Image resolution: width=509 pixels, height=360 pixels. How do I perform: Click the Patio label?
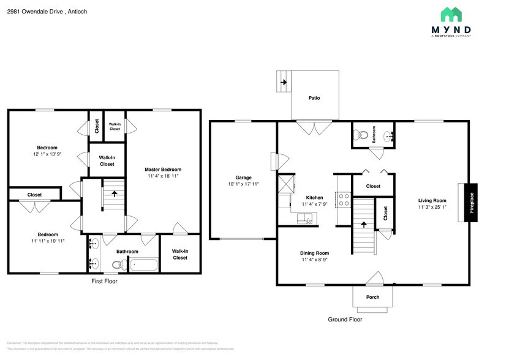(314, 98)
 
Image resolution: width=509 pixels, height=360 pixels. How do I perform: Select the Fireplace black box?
(471, 203)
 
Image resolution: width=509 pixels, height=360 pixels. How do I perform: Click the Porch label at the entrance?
(372, 298)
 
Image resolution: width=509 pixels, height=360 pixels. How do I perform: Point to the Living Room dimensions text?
(432, 207)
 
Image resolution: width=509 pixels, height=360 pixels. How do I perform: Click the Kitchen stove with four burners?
(344, 200)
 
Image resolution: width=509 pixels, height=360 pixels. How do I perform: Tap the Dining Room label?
(314, 253)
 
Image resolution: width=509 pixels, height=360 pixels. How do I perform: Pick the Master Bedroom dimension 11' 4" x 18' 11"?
(162, 176)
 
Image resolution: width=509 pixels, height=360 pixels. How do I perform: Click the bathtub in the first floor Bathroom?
(144, 265)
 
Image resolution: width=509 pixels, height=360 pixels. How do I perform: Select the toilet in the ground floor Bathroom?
(363, 134)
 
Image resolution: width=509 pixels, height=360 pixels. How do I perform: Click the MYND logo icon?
(451, 15)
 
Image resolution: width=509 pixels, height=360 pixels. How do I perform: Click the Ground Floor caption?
(345, 320)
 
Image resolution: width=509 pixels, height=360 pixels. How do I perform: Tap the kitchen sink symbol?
(304, 217)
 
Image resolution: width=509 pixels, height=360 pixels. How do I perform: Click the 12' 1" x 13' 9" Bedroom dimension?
(47, 154)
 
